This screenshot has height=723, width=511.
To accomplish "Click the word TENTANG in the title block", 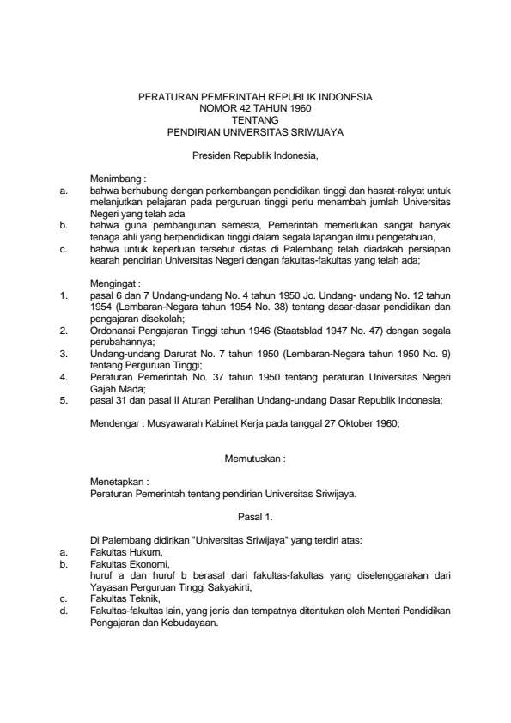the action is coord(255,121).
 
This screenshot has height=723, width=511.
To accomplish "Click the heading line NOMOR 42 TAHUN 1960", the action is coord(255,110).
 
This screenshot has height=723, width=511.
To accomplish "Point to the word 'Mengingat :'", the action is coord(116,282).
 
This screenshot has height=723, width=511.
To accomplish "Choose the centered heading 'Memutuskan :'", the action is coord(255,459).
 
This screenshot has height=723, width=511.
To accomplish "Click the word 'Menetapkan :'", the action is coord(119,483).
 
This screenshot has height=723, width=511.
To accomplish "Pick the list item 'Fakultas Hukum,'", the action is coord(126,554).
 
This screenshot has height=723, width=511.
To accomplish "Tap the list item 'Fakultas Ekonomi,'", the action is coord(130,565).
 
